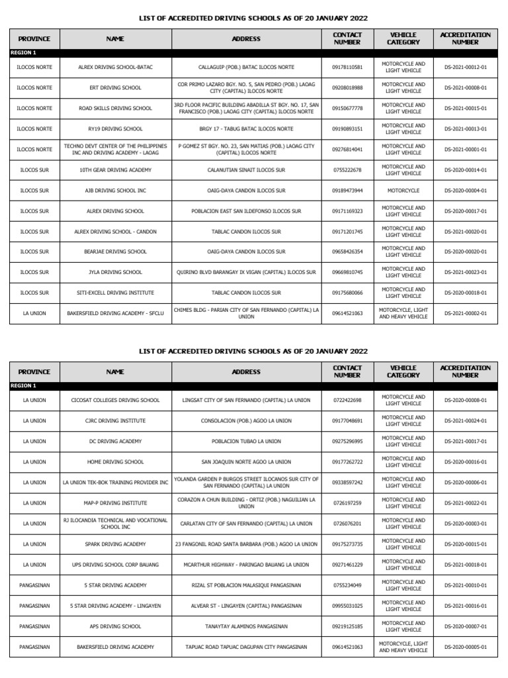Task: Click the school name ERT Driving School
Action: pos(115,87)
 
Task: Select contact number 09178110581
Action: pos(347,68)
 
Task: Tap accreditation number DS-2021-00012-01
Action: pos(466,68)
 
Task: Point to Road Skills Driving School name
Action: pos(115,108)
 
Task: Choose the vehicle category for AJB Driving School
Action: pos(403,191)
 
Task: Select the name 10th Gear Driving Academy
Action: pos(115,170)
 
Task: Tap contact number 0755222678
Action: pos(347,170)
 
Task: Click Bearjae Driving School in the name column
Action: pos(115,252)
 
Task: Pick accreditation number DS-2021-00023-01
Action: pos(466,272)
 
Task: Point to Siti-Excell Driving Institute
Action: pos(115,293)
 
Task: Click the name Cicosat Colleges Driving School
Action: pos(115,401)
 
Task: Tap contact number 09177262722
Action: pos(347,462)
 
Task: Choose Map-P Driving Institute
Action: pos(115,503)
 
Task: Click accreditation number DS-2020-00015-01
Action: pos(466,544)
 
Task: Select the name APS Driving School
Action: pos(115,626)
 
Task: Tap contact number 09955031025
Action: pos(347,605)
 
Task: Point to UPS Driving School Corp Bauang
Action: pos(115,565)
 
